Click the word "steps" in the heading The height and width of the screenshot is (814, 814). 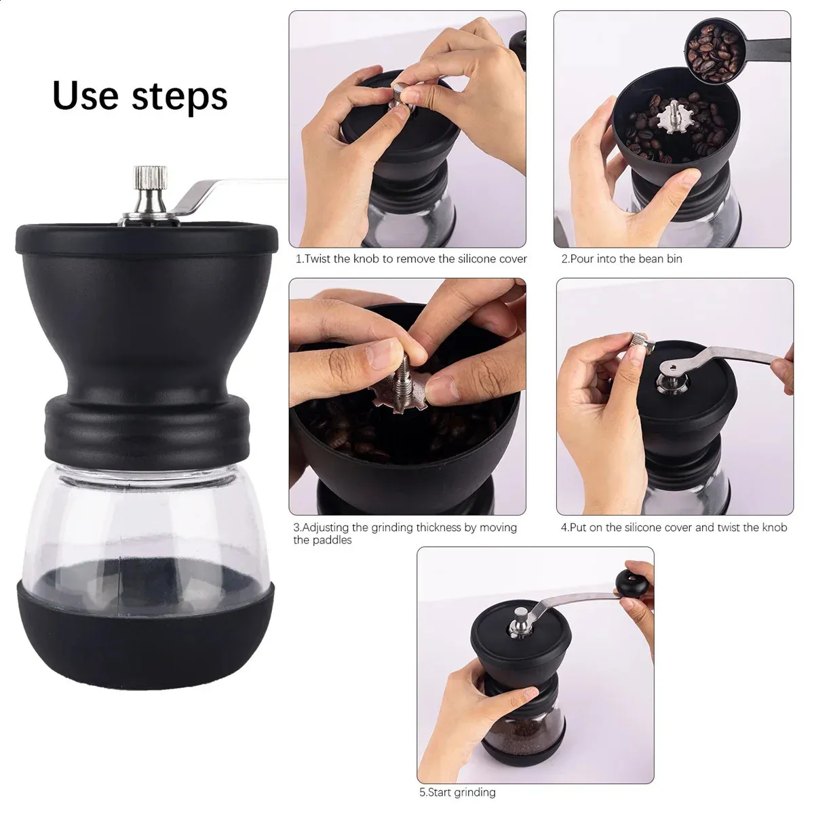pyautogui.click(x=180, y=98)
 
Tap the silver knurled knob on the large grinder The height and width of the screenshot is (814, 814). pyautogui.click(x=151, y=178)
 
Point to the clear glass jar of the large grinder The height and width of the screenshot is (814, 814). pyautogui.click(x=146, y=524)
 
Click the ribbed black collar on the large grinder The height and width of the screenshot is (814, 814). pyautogui.click(x=147, y=427)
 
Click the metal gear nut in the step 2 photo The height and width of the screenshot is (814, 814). pyautogui.click(x=673, y=119)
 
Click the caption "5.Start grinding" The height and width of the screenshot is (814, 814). pyautogui.click(x=457, y=792)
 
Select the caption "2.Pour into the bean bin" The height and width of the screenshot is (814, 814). pyautogui.click(x=621, y=259)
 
